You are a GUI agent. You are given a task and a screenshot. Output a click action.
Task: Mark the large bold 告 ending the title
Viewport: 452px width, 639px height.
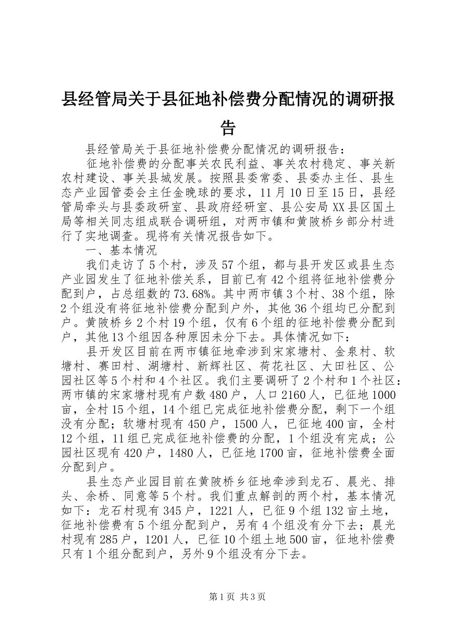tap(228, 126)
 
